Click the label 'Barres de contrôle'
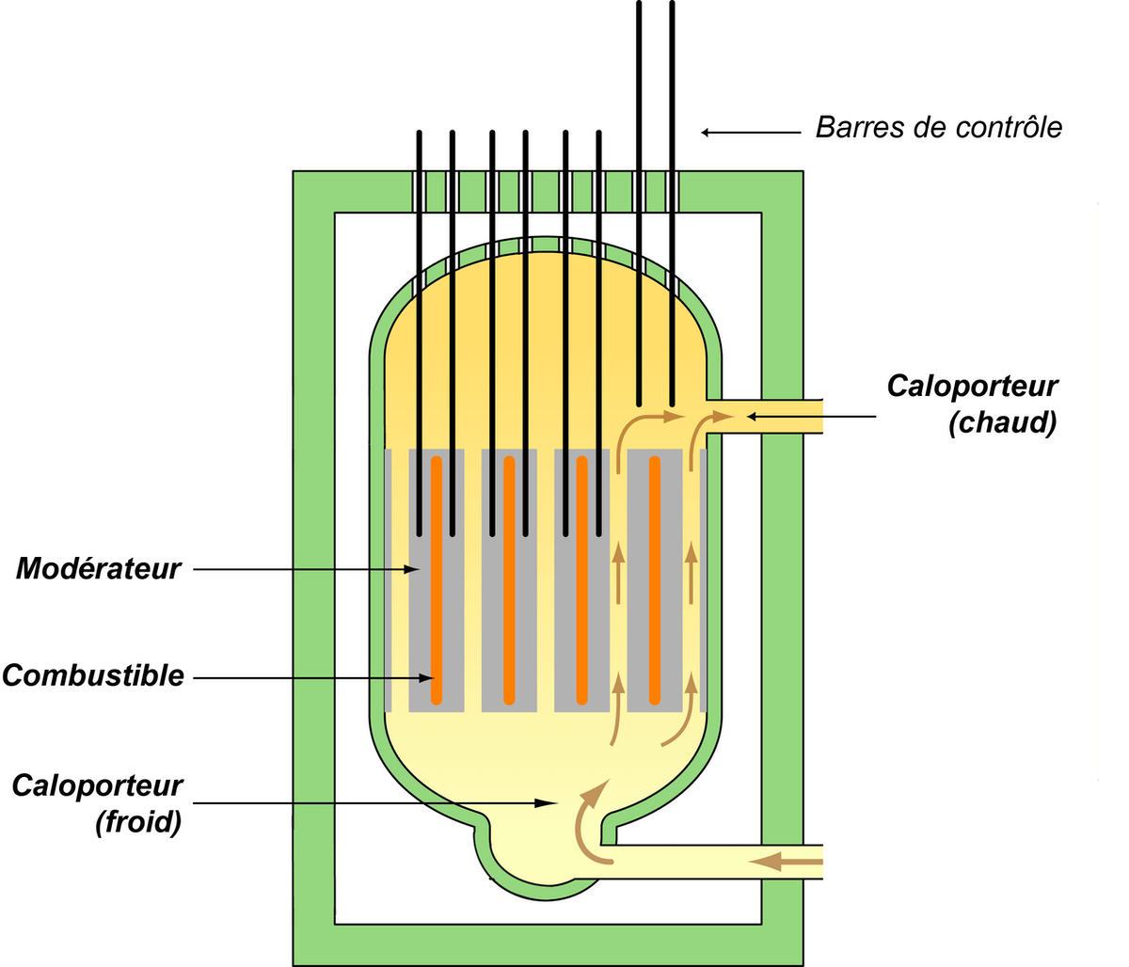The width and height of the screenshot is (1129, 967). (938, 127)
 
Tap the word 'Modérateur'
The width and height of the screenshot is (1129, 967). (98, 569)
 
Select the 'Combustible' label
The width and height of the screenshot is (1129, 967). (93, 676)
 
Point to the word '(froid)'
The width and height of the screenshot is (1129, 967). (137, 822)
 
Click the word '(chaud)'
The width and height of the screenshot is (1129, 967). (1002, 422)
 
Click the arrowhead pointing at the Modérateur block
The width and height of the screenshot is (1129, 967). (411, 569)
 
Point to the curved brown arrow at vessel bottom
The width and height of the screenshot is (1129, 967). (590, 818)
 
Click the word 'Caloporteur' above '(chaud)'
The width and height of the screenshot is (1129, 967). (973, 387)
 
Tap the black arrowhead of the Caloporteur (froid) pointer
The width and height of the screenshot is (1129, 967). (545, 803)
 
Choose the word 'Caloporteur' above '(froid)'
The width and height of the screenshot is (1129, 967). (98, 786)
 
